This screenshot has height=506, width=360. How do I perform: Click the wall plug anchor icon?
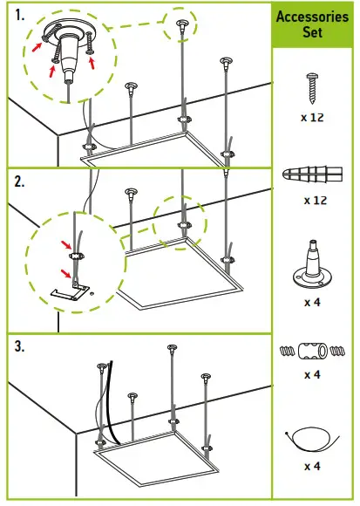pyautogui.click(x=310, y=175)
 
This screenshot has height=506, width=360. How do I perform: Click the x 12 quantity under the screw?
pyautogui.click(x=311, y=116)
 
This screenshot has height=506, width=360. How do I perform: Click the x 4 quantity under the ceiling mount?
pyautogui.click(x=312, y=302)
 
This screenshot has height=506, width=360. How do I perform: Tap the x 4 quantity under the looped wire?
pyautogui.click(x=312, y=467)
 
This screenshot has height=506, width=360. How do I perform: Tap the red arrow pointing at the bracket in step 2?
pyautogui.click(x=66, y=273)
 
